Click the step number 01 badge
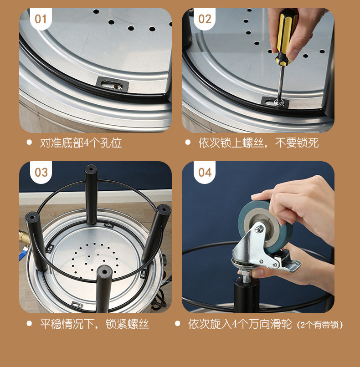[x=41, y=19]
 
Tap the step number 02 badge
[x=205, y=19]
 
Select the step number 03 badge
[x=41, y=172]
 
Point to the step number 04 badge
[x=205, y=172]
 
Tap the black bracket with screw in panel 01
[x=113, y=85]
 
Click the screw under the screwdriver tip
[x=278, y=102]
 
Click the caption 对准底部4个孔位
[x=81, y=143]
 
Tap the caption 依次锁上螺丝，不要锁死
[x=258, y=143]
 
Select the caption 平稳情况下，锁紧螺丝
[x=94, y=324]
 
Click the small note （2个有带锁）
[x=320, y=325]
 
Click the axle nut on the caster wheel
[x=258, y=230]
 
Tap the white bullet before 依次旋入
[x=178, y=323]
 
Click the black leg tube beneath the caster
[x=247, y=295]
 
